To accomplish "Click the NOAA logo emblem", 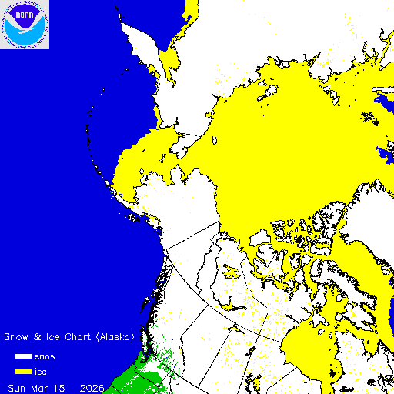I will click(x=25, y=25).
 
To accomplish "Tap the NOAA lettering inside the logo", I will click(x=25, y=15).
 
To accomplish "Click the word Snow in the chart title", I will click(x=17, y=337).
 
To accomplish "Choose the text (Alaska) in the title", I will click(x=115, y=337).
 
